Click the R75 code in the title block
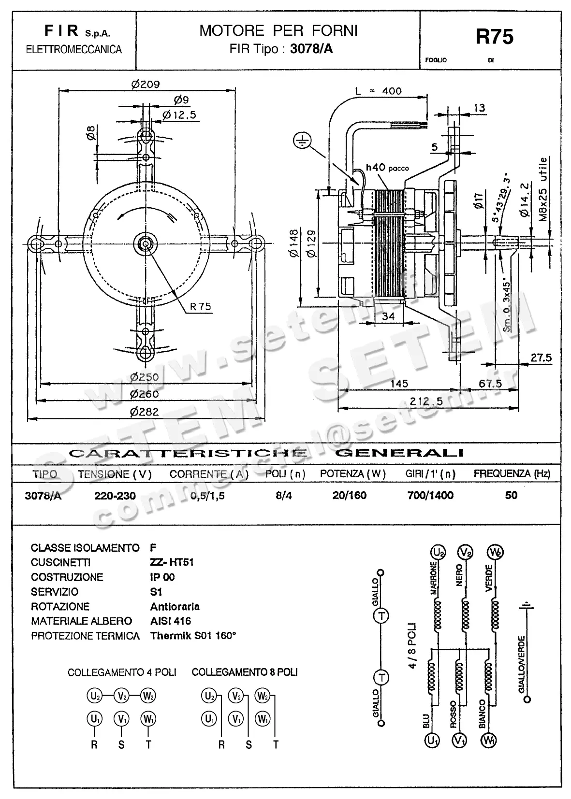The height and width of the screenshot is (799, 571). click(x=494, y=37)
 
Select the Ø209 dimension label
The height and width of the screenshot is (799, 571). click(x=145, y=84)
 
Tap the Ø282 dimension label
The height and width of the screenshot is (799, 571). click(x=144, y=412)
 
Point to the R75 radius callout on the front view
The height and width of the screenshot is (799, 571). click(x=201, y=306)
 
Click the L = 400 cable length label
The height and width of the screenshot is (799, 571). click(x=378, y=91)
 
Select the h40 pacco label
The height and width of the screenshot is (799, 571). click(x=387, y=168)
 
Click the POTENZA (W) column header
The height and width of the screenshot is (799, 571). click(x=352, y=474)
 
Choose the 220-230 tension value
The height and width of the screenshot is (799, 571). click(x=115, y=496)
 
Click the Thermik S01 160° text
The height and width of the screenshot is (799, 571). click(x=193, y=636)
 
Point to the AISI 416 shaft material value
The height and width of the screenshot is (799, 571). click(x=171, y=621)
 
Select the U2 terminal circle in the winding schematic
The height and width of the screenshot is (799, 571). click(x=438, y=552)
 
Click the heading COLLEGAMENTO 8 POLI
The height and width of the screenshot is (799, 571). click(x=245, y=672)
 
